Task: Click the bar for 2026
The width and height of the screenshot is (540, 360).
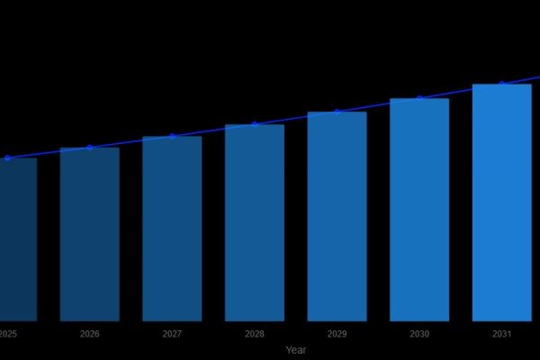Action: [89, 234]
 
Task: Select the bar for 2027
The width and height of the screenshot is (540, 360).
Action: [172, 229]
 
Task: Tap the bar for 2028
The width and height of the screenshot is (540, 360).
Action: [255, 222]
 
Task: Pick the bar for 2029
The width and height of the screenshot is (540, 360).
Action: [337, 216]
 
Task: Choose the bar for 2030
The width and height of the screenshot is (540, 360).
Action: [419, 210]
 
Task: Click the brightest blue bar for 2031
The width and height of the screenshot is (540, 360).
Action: [501, 202]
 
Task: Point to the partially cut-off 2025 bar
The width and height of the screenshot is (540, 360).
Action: [16, 239]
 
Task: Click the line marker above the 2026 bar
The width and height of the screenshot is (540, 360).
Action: [89, 147]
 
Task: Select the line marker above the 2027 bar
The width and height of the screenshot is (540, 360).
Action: [172, 136]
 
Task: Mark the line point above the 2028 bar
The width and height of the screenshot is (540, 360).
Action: [255, 124]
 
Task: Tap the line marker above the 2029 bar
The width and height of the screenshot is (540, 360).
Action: [337, 112]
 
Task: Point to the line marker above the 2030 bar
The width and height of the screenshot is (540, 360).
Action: [419, 98]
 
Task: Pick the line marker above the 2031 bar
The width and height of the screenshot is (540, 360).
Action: [501, 84]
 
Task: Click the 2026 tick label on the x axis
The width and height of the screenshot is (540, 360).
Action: [89, 334]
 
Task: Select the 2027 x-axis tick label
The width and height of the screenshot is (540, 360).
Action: [172, 334]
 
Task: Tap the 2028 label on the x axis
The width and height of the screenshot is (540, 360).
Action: [255, 334]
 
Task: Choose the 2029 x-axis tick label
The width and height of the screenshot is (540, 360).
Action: [337, 334]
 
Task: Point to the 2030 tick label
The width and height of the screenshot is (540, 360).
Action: [419, 334]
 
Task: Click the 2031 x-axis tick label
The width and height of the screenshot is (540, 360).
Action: [501, 334]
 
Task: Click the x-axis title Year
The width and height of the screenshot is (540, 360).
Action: [296, 350]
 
